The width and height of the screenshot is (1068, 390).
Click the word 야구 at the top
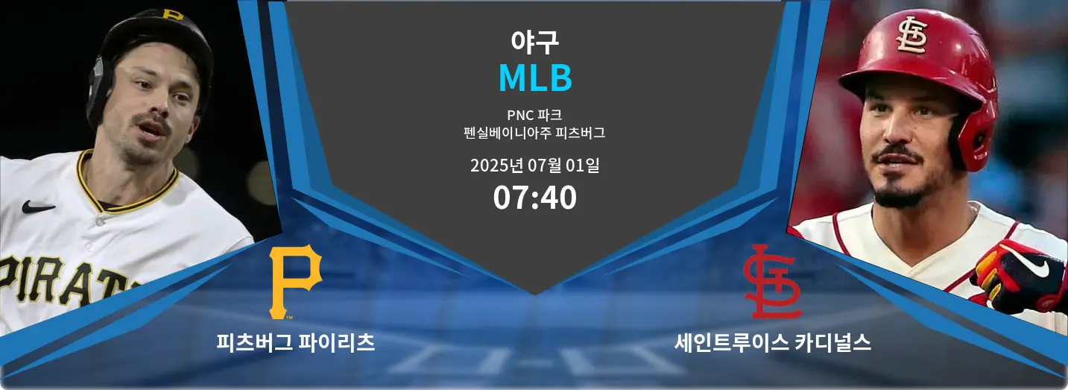tap(534, 42)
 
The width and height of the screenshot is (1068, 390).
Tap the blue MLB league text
tap(534, 78)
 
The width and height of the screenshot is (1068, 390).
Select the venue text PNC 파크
tap(534, 116)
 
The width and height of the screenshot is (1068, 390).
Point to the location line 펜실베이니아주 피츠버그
tap(534, 134)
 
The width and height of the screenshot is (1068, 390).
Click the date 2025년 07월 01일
tap(534, 166)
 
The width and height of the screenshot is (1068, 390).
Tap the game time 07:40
tap(534, 198)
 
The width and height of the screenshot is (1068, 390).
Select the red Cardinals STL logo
tap(772, 281)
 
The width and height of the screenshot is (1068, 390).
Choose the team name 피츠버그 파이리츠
tap(295, 343)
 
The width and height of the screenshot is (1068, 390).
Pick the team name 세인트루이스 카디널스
tap(773, 343)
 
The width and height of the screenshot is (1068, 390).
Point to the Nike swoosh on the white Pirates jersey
tap(37, 207)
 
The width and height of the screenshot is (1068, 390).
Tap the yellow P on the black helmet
tap(172, 14)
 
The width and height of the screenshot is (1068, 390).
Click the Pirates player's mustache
tap(153, 122)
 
